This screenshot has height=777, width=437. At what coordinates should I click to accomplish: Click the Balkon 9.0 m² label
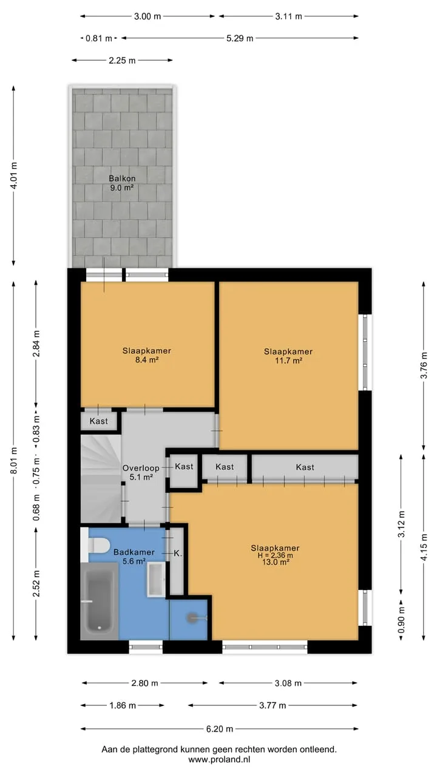pos(122,183)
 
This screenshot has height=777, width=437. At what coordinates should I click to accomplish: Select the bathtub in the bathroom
pos(100,602)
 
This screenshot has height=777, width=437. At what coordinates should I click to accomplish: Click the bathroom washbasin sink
pos(157,580)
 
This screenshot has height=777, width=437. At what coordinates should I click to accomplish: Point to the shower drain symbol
pos(192,618)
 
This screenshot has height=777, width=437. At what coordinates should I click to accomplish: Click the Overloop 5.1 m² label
pos(141,473)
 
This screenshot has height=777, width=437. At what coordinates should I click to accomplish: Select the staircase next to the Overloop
pos(101,479)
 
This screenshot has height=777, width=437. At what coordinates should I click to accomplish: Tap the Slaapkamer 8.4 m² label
pos(147,355)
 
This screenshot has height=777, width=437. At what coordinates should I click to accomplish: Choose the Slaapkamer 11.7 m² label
pos(288,356)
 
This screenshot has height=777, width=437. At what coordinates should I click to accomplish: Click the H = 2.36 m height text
pos(275,555)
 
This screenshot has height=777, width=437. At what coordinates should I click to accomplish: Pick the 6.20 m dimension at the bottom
pos(220,729)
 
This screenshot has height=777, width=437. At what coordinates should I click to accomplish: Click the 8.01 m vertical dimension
pos(14,460)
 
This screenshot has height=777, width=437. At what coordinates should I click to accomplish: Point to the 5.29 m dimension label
pos(240,38)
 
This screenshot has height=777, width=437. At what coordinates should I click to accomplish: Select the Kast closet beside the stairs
pos(99,421)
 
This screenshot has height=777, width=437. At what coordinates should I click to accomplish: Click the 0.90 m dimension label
pos(401,620)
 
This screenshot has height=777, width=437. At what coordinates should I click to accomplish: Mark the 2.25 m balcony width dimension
pos(122,61)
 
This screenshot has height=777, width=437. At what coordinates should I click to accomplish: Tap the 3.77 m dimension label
pos(273,705)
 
